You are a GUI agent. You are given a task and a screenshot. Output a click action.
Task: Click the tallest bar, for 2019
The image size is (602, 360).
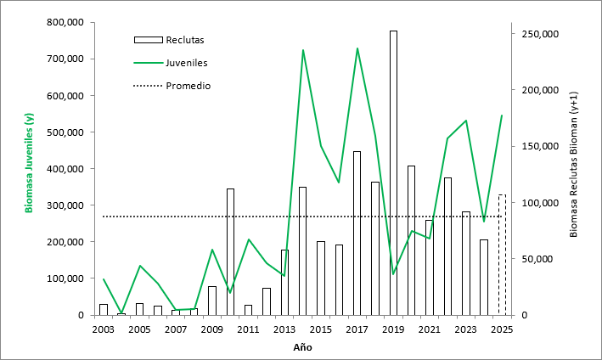click(393, 170)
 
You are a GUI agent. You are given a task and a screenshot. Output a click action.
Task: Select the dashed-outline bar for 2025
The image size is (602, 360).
click(502, 255)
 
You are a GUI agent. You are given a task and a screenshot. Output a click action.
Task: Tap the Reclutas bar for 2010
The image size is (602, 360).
click(230, 251)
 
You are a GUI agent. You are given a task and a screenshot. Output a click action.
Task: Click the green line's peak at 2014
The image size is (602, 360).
click(303, 50)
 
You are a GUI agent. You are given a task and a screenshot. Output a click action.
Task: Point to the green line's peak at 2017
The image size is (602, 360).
click(357, 48)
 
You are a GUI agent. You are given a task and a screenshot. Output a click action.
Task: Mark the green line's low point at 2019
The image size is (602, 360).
click(393, 273)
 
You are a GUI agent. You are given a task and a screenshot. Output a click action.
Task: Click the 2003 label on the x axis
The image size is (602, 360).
click(104, 329)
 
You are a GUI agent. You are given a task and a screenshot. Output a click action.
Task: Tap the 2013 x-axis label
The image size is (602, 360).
click(284, 329)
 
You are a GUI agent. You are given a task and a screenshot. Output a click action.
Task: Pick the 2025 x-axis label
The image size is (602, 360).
click(502, 329)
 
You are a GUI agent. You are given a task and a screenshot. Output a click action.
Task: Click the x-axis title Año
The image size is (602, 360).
click(302, 346)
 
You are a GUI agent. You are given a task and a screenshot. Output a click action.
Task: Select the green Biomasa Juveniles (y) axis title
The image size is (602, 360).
click(30, 162)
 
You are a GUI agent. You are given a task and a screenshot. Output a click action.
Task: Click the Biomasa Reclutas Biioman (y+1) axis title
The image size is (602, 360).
click(573, 163)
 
